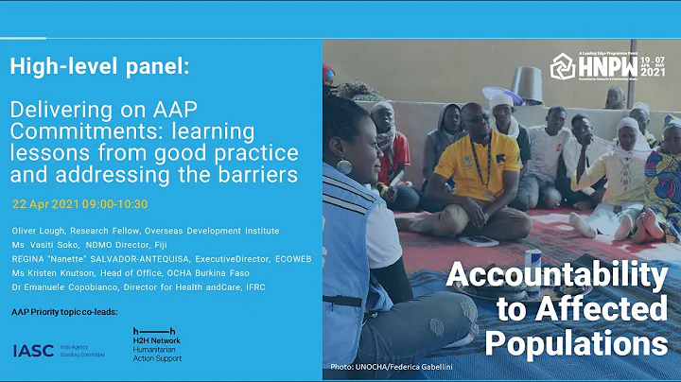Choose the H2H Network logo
point(156,345)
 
